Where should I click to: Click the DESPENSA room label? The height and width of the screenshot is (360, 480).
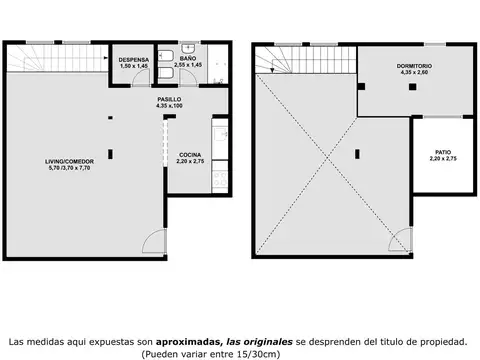pos(134,58)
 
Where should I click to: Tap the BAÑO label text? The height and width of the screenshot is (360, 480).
pos(188,58)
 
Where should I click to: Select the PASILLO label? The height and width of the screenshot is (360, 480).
pos(168,100)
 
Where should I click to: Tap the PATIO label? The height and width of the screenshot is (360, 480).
pos(441,152)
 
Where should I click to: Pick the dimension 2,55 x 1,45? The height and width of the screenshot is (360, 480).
pos(188,65)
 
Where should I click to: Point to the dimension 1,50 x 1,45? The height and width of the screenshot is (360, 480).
pos(134,65)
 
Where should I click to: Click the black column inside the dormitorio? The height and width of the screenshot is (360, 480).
pos(410,86)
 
